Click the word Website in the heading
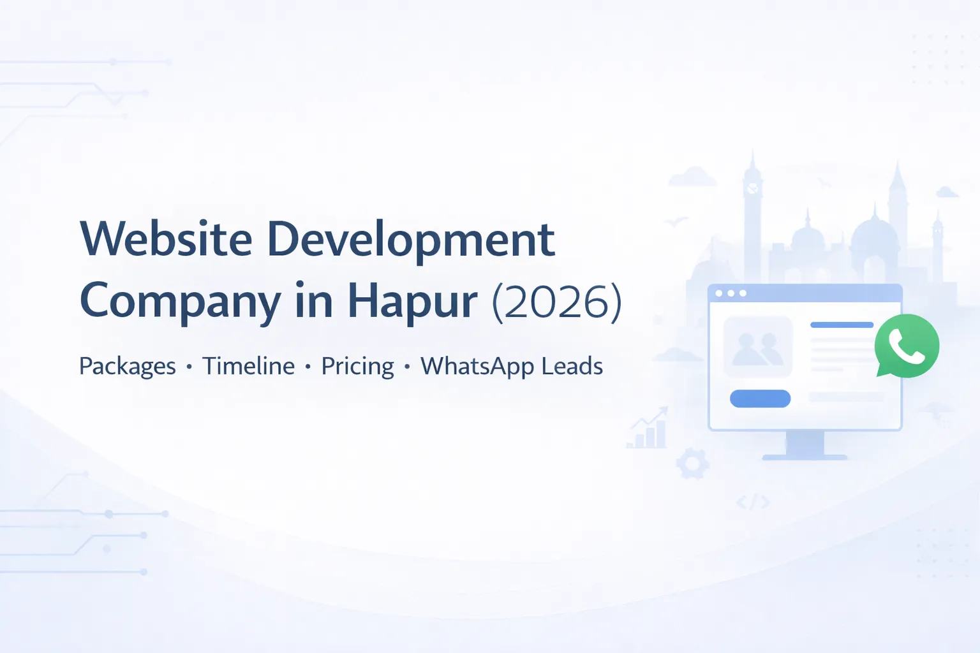click(166, 240)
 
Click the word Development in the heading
click(410, 240)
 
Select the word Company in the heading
click(180, 302)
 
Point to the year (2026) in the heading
click(556, 302)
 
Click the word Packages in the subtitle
click(127, 367)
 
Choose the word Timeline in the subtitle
click(248, 366)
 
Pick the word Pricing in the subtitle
click(357, 367)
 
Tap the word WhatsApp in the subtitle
click(477, 367)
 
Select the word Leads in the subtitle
click(572, 366)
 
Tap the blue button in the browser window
click(760, 399)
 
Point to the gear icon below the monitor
click(692, 464)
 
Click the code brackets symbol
click(753, 503)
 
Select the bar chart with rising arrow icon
click(648, 429)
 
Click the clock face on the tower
click(753, 188)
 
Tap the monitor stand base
click(805, 457)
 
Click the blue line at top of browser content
click(842, 325)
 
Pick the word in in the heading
click(313, 302)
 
